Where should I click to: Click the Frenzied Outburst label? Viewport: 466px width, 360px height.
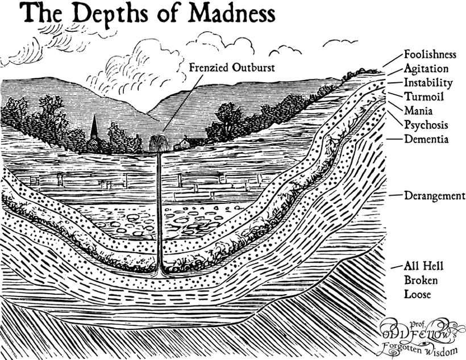point(232,68)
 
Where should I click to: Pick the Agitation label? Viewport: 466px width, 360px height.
point(426,69)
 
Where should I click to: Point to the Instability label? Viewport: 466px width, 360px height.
point(428,82)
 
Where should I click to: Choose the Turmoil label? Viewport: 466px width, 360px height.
point(424,96)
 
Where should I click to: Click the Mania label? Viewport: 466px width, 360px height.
point(418,111)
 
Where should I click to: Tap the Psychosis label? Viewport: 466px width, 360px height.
point(426,125)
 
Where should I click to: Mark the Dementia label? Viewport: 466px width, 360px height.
point(426,139)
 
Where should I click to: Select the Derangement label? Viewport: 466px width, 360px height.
point(435,196)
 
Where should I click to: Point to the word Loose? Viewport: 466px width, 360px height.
point(417,294)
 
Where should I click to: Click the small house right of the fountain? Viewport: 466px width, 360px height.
point(182,144)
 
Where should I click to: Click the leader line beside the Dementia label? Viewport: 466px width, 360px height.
point(394,139)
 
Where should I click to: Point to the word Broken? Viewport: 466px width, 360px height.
point(421,280)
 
